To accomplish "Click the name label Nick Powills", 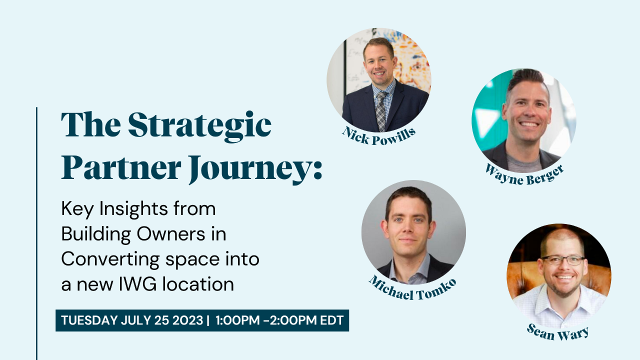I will coord(379,135).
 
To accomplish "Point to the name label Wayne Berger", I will coord(524,173).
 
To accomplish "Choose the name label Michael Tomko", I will coord(412,288).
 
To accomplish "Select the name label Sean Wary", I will coord(557,331).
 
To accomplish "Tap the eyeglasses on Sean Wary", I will coord(562,260).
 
